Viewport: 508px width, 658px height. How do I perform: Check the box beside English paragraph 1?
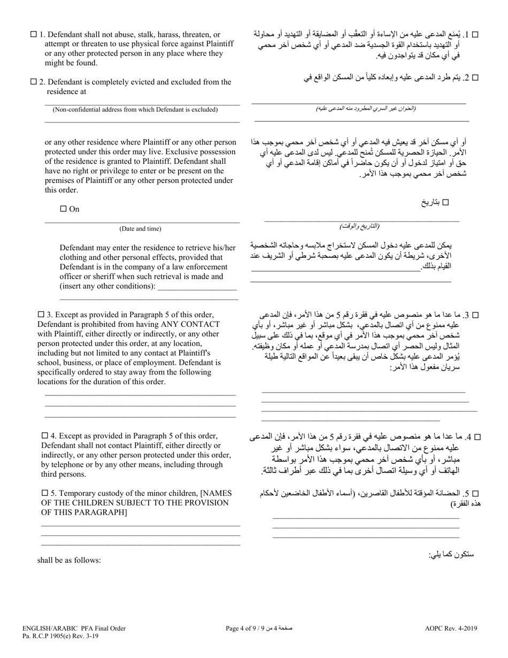(34, 35)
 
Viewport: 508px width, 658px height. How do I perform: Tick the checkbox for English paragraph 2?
(34, 82)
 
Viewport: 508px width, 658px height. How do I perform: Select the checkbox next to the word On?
(64, 209)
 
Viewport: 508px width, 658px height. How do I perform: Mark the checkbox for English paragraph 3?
(41, 315)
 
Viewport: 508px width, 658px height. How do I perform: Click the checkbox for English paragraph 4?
(45, 435)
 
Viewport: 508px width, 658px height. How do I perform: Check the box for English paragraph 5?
(45, 493)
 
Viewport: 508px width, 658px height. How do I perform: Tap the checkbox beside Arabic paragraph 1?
(475, 35)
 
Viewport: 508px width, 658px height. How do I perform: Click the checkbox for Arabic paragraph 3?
(475, 316)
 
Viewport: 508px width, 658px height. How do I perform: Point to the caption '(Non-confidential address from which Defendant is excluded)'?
(135, 110)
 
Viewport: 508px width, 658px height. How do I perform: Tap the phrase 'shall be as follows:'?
(69, 560)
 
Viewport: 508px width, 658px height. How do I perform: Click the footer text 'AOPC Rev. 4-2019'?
(451, 629)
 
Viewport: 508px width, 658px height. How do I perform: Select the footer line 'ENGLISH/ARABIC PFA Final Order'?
(74, 629)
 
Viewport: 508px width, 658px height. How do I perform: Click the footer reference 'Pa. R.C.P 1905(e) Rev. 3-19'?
(60, 636)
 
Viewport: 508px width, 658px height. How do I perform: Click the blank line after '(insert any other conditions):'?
(197, 287)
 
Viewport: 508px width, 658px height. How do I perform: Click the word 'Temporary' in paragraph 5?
(78, 493)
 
